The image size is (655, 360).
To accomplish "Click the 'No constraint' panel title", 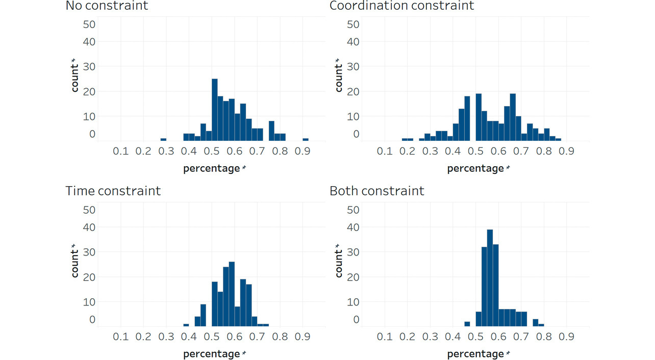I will click(x=107, y=6).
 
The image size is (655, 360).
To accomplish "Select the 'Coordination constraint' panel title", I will click(x=401, y=6).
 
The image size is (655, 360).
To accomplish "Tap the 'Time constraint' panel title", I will click(x=113, y=191).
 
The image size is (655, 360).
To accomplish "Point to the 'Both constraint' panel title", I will click(x=376, y=191).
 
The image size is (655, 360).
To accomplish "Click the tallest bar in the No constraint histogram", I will click(x=215, y=110).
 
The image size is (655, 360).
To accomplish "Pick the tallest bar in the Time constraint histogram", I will click(x=232, y=294).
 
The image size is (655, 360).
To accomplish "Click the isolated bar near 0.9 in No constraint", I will click(x=306, y=139).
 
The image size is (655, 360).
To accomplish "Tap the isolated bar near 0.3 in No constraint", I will click(x=163, y=139).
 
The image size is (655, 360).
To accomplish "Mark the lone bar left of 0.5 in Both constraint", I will click(x=467, y=324).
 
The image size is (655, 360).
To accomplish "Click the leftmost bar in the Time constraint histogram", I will click(x=186, y=325).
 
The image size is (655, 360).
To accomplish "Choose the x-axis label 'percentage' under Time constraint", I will click(x=212, y=354).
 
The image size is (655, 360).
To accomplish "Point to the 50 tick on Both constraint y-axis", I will click(x=353, y=210).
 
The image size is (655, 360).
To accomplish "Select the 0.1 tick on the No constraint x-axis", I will click(x=120, y=151).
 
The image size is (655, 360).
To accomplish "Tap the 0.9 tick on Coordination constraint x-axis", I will click(x=566, y=151).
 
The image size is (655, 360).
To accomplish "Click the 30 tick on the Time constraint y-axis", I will click(x=89, y=252).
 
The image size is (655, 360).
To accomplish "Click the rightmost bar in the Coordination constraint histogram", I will click(x=558, y=139).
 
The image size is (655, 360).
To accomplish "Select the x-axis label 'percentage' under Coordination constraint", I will click(x=475, y=169).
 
